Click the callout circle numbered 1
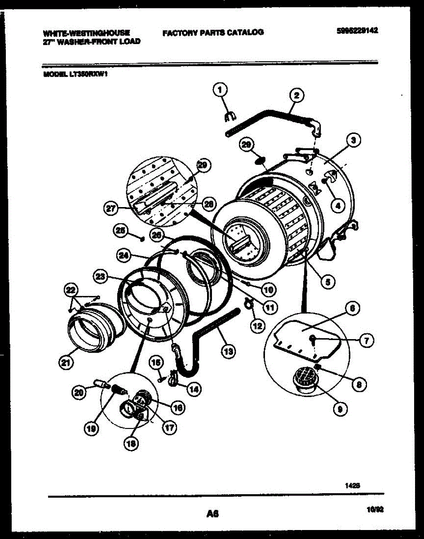tap(220, 91)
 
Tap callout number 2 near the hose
tap(296, 95)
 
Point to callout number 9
tap(340, 408)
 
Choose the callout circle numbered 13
tap(229, 352)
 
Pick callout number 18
tap(131, 443)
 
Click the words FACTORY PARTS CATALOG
tap(213, 32)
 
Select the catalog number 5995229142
tap(357, 31)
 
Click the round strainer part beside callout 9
tap(306, 376)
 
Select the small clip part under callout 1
tap(230, 117)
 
